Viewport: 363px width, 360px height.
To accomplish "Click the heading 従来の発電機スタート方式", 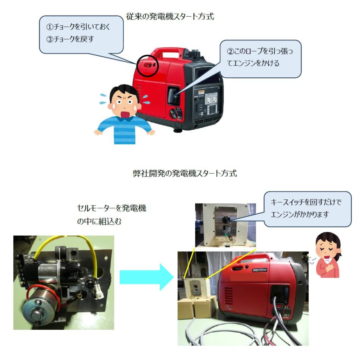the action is click(170, 17).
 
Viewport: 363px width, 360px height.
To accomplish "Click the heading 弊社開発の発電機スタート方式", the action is click(185, 174).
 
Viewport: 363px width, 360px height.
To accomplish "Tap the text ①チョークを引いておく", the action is click(78, 27).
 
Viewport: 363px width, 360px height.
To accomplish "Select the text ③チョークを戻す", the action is click(70, 39).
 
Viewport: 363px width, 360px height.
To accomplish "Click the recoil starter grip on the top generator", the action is click(173, 95).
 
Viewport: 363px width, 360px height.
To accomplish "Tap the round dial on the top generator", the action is click(173, 114).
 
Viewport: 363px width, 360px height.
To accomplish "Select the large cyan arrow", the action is click(146, 277).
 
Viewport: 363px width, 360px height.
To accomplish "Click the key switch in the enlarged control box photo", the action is click(225, 219).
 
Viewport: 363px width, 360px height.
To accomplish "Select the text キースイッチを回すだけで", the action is click(306, 202).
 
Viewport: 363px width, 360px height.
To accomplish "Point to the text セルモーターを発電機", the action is click(112, 208).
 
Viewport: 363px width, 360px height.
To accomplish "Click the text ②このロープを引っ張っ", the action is click(260, 51).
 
